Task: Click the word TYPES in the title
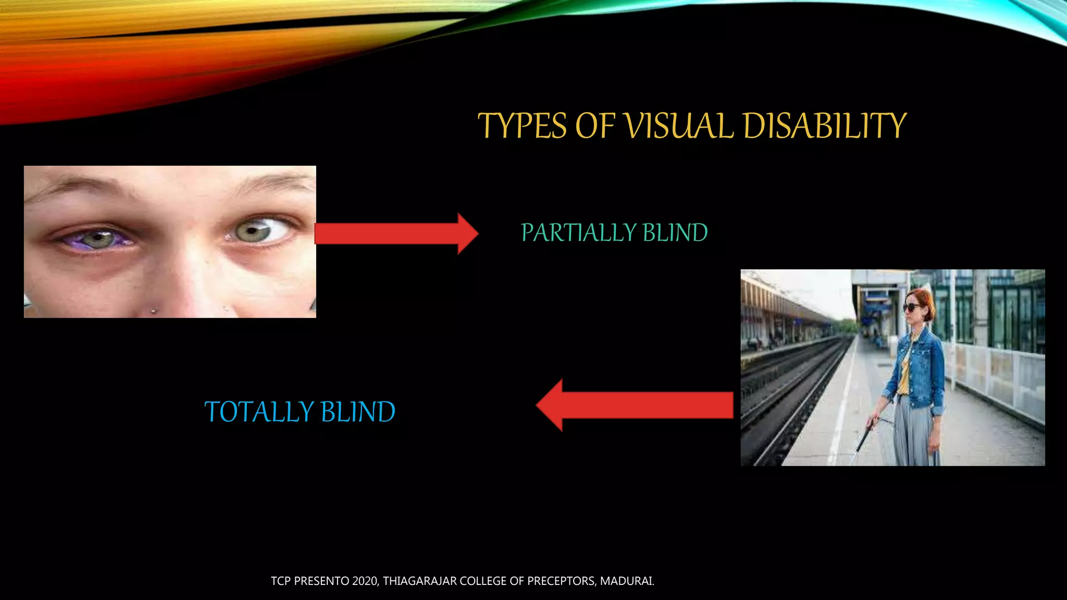pos(522,126)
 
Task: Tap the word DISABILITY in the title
pos(825,126)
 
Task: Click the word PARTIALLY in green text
pos(578,233)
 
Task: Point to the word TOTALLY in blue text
pos(259,412)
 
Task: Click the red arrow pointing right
pos(396,233)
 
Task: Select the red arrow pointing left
pos(635,405)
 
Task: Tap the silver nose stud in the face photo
pos(153,311)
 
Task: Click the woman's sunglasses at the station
pos(912,307)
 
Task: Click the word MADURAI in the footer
pos(627,581)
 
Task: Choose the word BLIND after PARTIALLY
pos(675,233)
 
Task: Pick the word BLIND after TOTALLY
pos(358,412)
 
